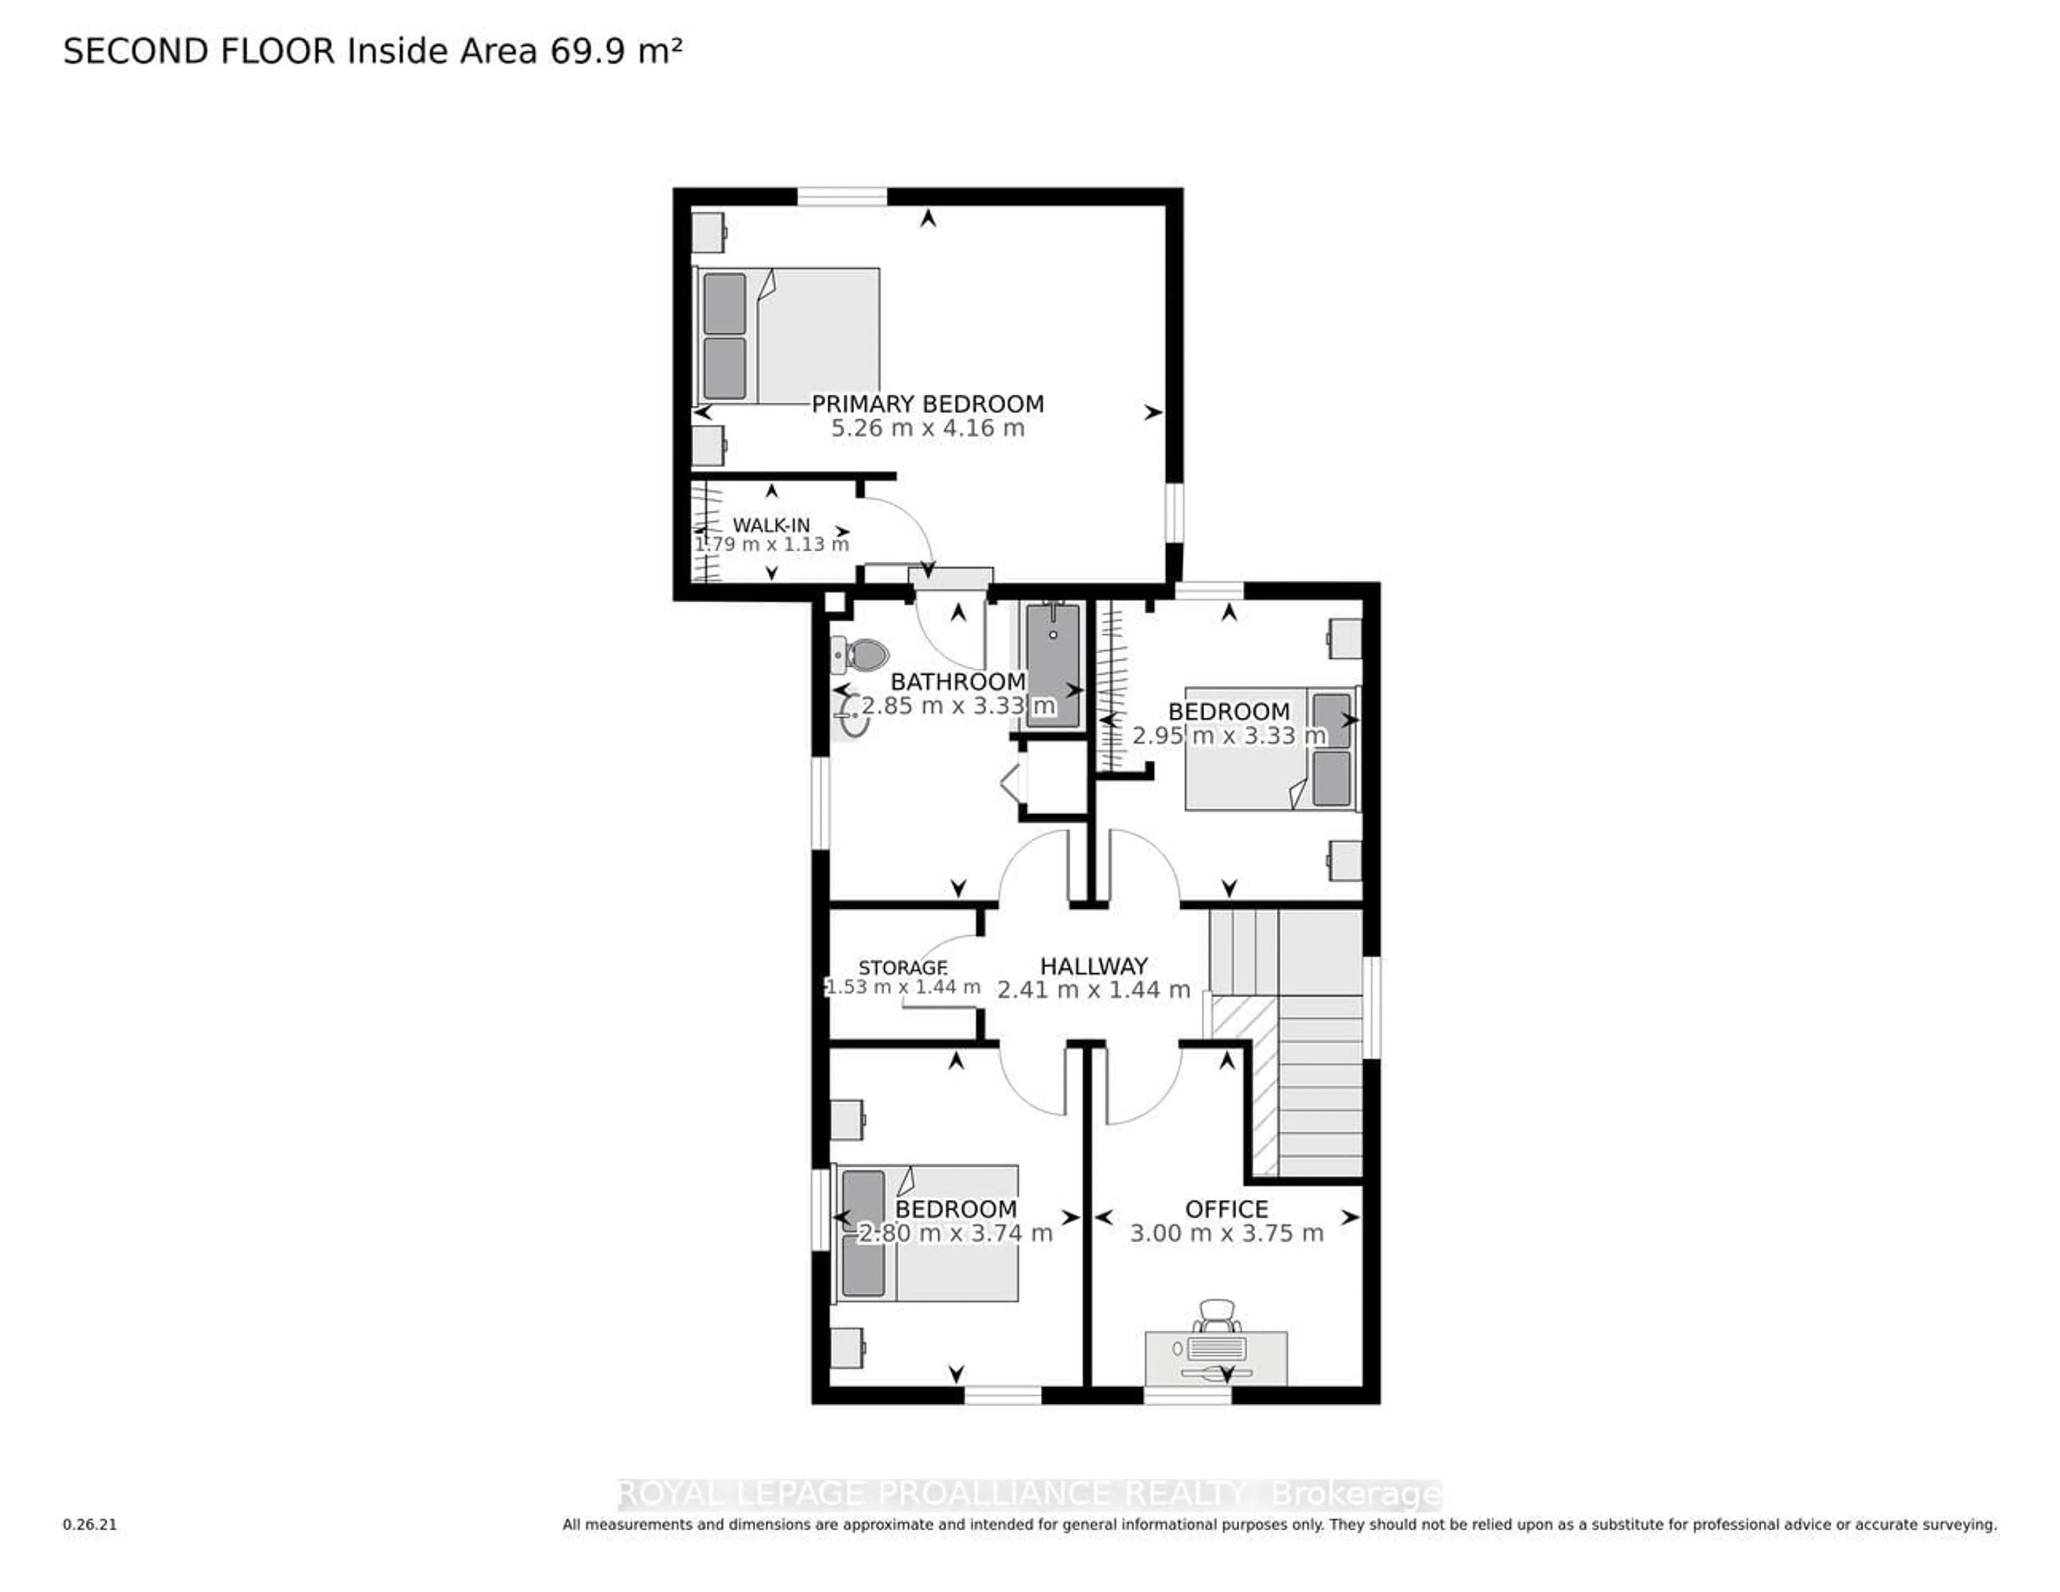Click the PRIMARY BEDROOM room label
(x=927, y=404)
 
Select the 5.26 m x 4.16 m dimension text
(x=927, y=428)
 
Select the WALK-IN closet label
(x=770, y=525)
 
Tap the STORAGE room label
(x=903, y=968)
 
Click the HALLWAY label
(x=1093, y=965)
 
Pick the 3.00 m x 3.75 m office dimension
(x=1226, y=1234)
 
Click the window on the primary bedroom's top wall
(x=842, y=196)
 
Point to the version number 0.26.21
(x=90, y=1524)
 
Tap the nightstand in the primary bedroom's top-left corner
(x=708, y=232)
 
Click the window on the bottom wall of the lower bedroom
(x=1003, y=1395)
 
